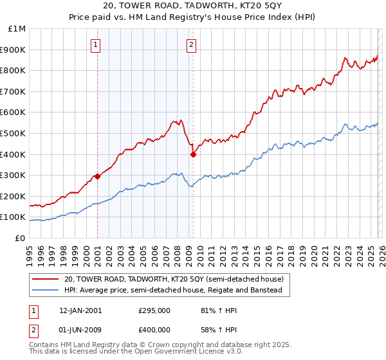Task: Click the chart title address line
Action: click(x=192, y=7)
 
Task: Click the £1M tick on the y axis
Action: click(x=17, y=29)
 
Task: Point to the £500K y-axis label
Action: click(x=14, y=133)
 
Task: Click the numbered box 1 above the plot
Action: click(x=96, y=45)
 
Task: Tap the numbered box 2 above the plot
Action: click(x=192, y=45)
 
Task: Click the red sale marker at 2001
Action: click(x=97, y=176)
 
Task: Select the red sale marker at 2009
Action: click(x=193, y=154)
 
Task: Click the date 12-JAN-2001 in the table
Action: click(x=80, y=310)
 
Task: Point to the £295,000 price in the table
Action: click(x=154, y=310)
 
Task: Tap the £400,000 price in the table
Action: click(x=154, y=331)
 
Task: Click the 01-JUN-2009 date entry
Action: click(x=80, y=331)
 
